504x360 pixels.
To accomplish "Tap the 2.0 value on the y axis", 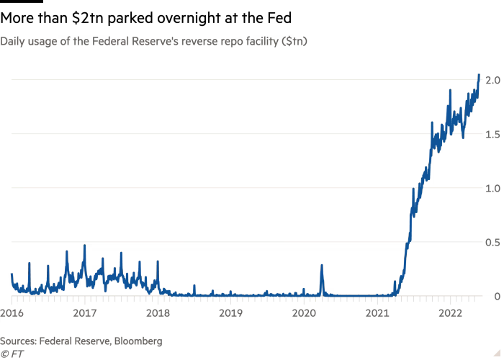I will point(492,81).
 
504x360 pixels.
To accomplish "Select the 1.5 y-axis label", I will point(492,135).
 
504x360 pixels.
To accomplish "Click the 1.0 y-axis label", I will point(492,189).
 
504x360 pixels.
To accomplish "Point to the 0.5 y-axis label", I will point(492,243).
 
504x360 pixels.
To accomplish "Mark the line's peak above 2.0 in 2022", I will point(479,74).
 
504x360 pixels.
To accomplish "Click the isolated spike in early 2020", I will point(322,265).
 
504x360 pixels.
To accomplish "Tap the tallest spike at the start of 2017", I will point(84,246).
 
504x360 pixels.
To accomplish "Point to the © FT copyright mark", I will point(10,354).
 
